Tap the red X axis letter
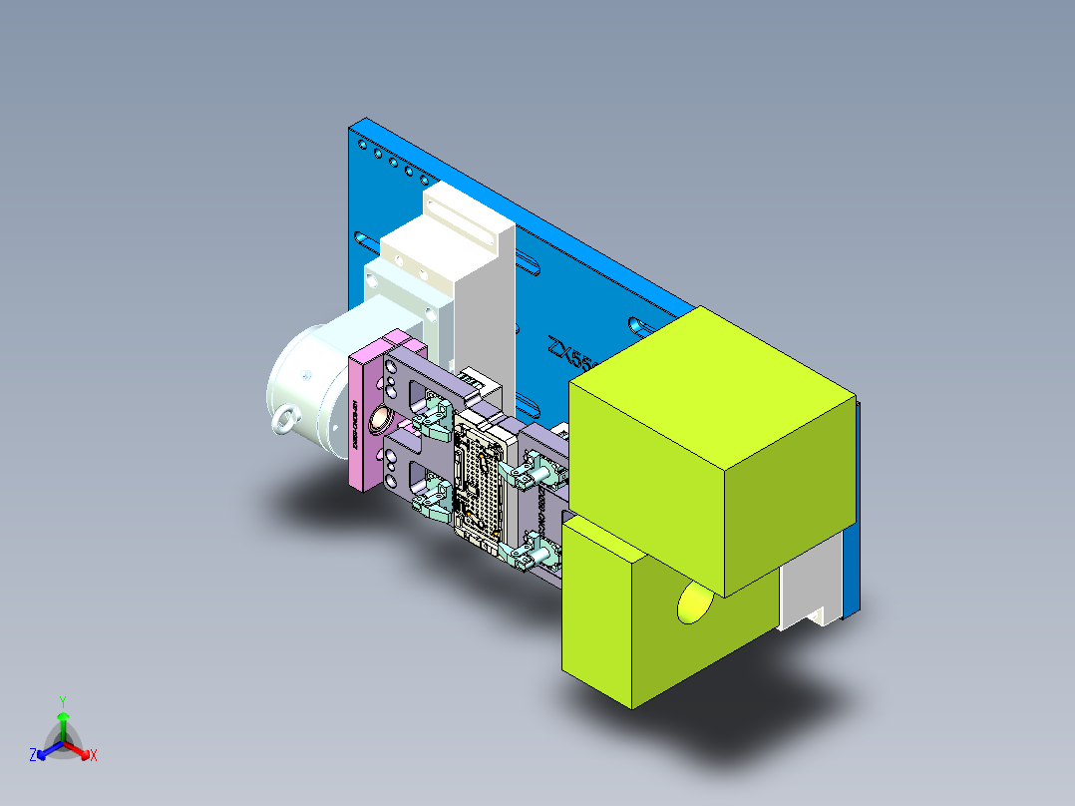tap(94, 756)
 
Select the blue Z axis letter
tap(33, 756)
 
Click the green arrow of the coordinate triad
tap(62, 722)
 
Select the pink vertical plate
tap(363, 419)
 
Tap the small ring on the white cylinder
tap(286, 420)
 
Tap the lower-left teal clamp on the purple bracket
tap(434, 496)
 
